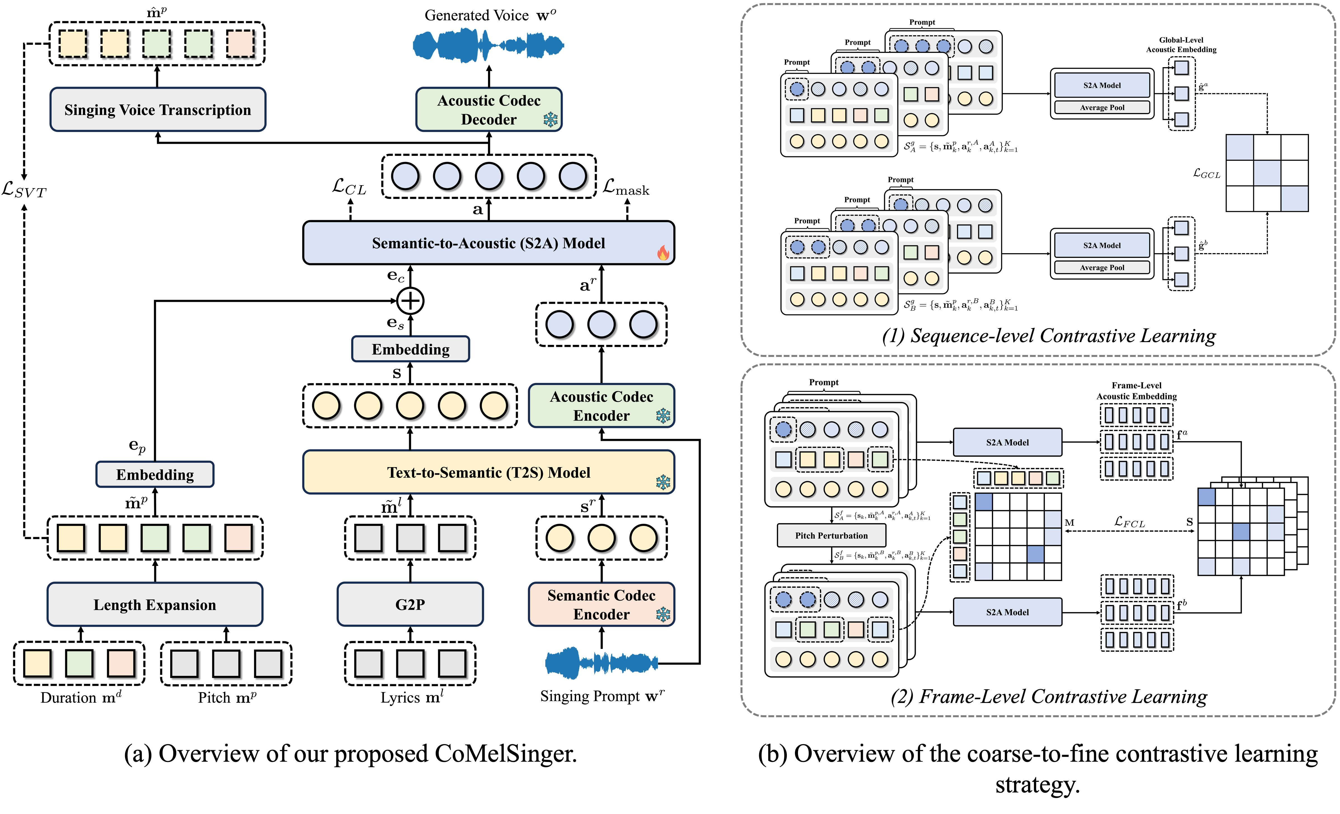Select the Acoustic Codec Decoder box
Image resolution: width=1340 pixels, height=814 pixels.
pos(488,109)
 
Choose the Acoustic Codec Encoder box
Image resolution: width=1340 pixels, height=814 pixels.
pos(601,406)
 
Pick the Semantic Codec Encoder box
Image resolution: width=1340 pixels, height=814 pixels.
pos(601,604)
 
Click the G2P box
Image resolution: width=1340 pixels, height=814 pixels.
pos(410,604)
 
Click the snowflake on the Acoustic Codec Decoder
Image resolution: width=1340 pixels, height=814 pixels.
pos(550,120)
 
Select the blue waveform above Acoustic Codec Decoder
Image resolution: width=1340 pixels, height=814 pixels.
pos(488,45)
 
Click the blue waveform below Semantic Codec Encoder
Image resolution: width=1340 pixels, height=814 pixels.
pos(601,663)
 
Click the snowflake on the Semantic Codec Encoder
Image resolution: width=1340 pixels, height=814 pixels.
pos(663,615)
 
